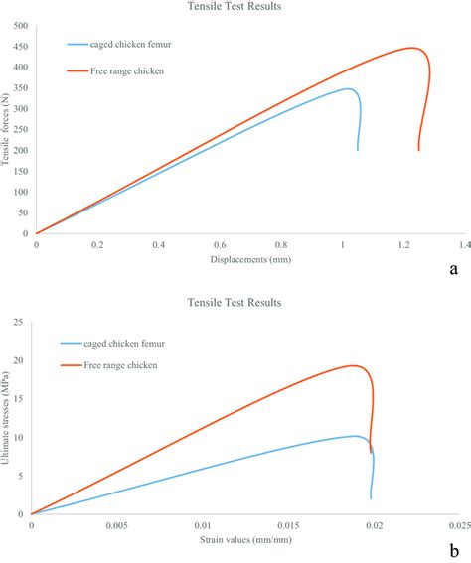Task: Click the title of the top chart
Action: (235, 6)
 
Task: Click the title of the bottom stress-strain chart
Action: (235, 301)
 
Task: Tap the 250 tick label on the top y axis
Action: (20, 130)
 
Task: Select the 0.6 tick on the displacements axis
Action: (220, 243)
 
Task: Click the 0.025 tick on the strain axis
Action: (457, 524)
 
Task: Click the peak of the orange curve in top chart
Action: (410, 48)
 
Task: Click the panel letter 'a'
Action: (453, 268)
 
